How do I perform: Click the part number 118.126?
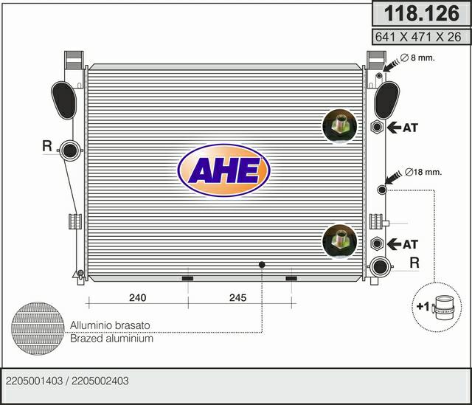point(421,13)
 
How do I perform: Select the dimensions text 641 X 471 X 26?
point(418,37)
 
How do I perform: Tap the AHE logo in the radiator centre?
point(224,170)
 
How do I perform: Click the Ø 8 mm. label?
point(417,58)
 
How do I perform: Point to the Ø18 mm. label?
point(423,172)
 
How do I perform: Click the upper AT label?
point(410,128)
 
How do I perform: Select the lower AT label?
point(410,244)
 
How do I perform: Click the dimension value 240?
point(138,297)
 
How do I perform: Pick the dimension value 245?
point(237,297)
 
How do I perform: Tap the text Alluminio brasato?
point(110,325)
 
